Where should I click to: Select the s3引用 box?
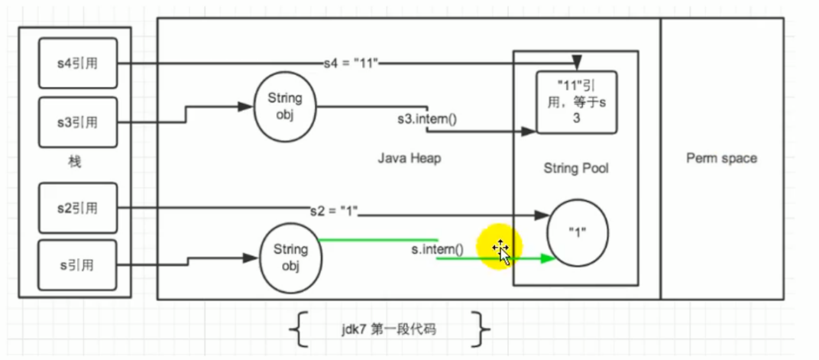pos(79,122)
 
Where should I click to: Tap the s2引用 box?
pos(79,207)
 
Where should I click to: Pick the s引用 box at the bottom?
pos(79,265)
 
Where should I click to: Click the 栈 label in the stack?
pos(74,163)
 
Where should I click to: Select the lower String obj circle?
pos(290,257)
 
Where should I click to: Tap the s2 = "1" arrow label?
pos(334,209)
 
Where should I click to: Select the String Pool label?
pos(575,168)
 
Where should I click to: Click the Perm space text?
pos(721,158)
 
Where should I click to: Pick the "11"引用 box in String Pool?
pos(576,102)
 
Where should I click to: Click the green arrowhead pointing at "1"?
pos(546,259)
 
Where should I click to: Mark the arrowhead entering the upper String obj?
pos(248,106)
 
